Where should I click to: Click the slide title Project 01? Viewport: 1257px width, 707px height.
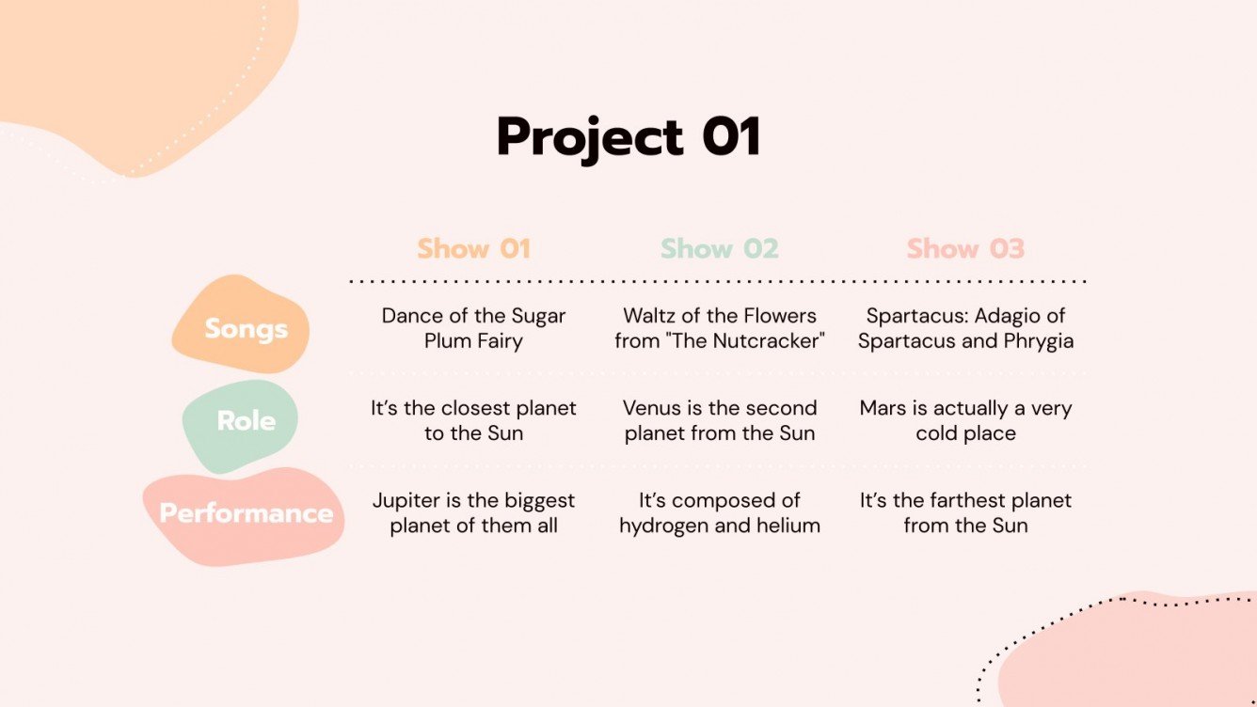pyautogui.click(x=628, y=137)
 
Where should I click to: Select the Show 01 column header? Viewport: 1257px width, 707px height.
pyautogui.click(x=474, y=249)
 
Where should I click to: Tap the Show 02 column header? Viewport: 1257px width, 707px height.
pyautogui.click(x=720, y=249)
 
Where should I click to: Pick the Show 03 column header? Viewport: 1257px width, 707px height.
pyautogui.click(x=965, y=249)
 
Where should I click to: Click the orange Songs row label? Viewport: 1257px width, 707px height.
pyautogui.click(x=246, y=329)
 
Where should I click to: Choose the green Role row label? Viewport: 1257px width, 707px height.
pyautogui.click(x=246, y=420)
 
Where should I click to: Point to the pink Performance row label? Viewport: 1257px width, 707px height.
pyautogui.click(x=246, y=513)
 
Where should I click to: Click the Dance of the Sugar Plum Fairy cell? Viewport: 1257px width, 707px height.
pyautogui.click(x=473, y=328)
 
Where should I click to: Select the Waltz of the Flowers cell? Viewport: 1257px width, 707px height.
pyautogui.click(x=720, y=328)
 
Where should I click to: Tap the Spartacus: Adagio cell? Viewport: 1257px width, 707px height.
pyautogui.click(x=965, y=328)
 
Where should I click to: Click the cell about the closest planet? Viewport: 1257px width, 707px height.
pyautogui.click(x=473, y=420)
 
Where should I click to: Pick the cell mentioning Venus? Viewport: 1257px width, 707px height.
pyautogui.click(x=720, y=420)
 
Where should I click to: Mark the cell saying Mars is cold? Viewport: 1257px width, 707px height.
pyautogui.click(x=965, y=420)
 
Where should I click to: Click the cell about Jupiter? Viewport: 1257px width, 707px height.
pyautogui.click(x=473, y=512)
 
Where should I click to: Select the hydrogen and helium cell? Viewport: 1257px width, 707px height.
pyautogui.click(x=720, y=512)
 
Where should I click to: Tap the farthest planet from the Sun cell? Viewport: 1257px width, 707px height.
pyautogui.click(x=965, y=512)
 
